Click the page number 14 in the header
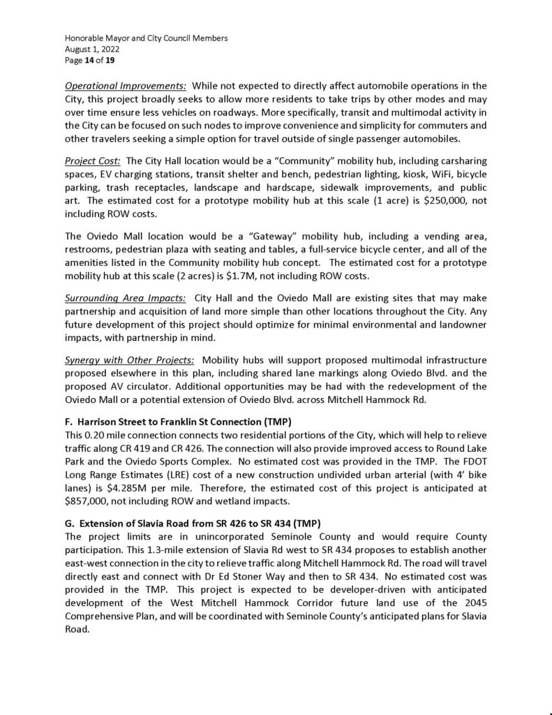91,61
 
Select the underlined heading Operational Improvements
126,86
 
